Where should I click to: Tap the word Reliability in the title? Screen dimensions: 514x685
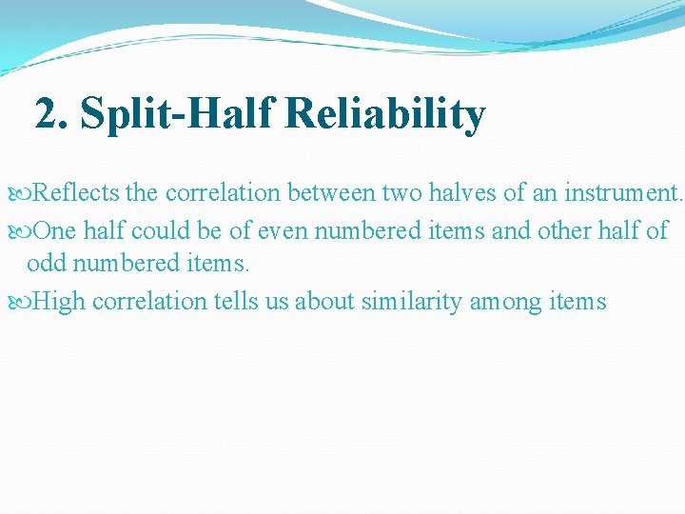coord(384,115)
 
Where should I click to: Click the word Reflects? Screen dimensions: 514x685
coord(76,193)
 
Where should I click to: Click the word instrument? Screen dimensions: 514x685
coord(620,193)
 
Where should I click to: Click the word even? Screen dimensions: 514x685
coord(284,229)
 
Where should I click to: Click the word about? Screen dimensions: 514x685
coord(324,302)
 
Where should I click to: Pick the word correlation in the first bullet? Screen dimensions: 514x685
coord(222,193)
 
